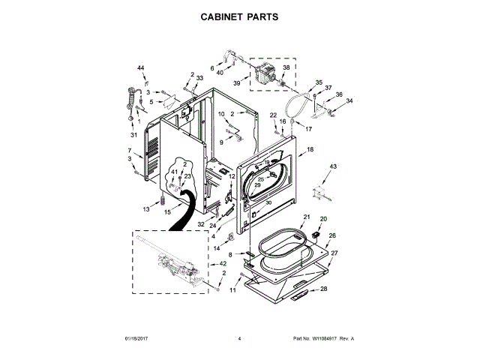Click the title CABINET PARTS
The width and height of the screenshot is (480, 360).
(240, 15)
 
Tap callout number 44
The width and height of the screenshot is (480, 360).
(140, 69)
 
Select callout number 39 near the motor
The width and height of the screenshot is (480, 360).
(236, 84)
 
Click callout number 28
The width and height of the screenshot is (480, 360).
(324, 289)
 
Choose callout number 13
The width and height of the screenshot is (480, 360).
(147, 210)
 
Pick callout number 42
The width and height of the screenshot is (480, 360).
(223, 264)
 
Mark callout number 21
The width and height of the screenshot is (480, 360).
(306, 217)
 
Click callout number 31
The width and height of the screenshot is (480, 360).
(133, 136)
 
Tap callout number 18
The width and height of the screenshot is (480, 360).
(310, 151)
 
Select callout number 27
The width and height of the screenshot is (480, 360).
(334, 253)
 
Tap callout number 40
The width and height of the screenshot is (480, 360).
(220, 73)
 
